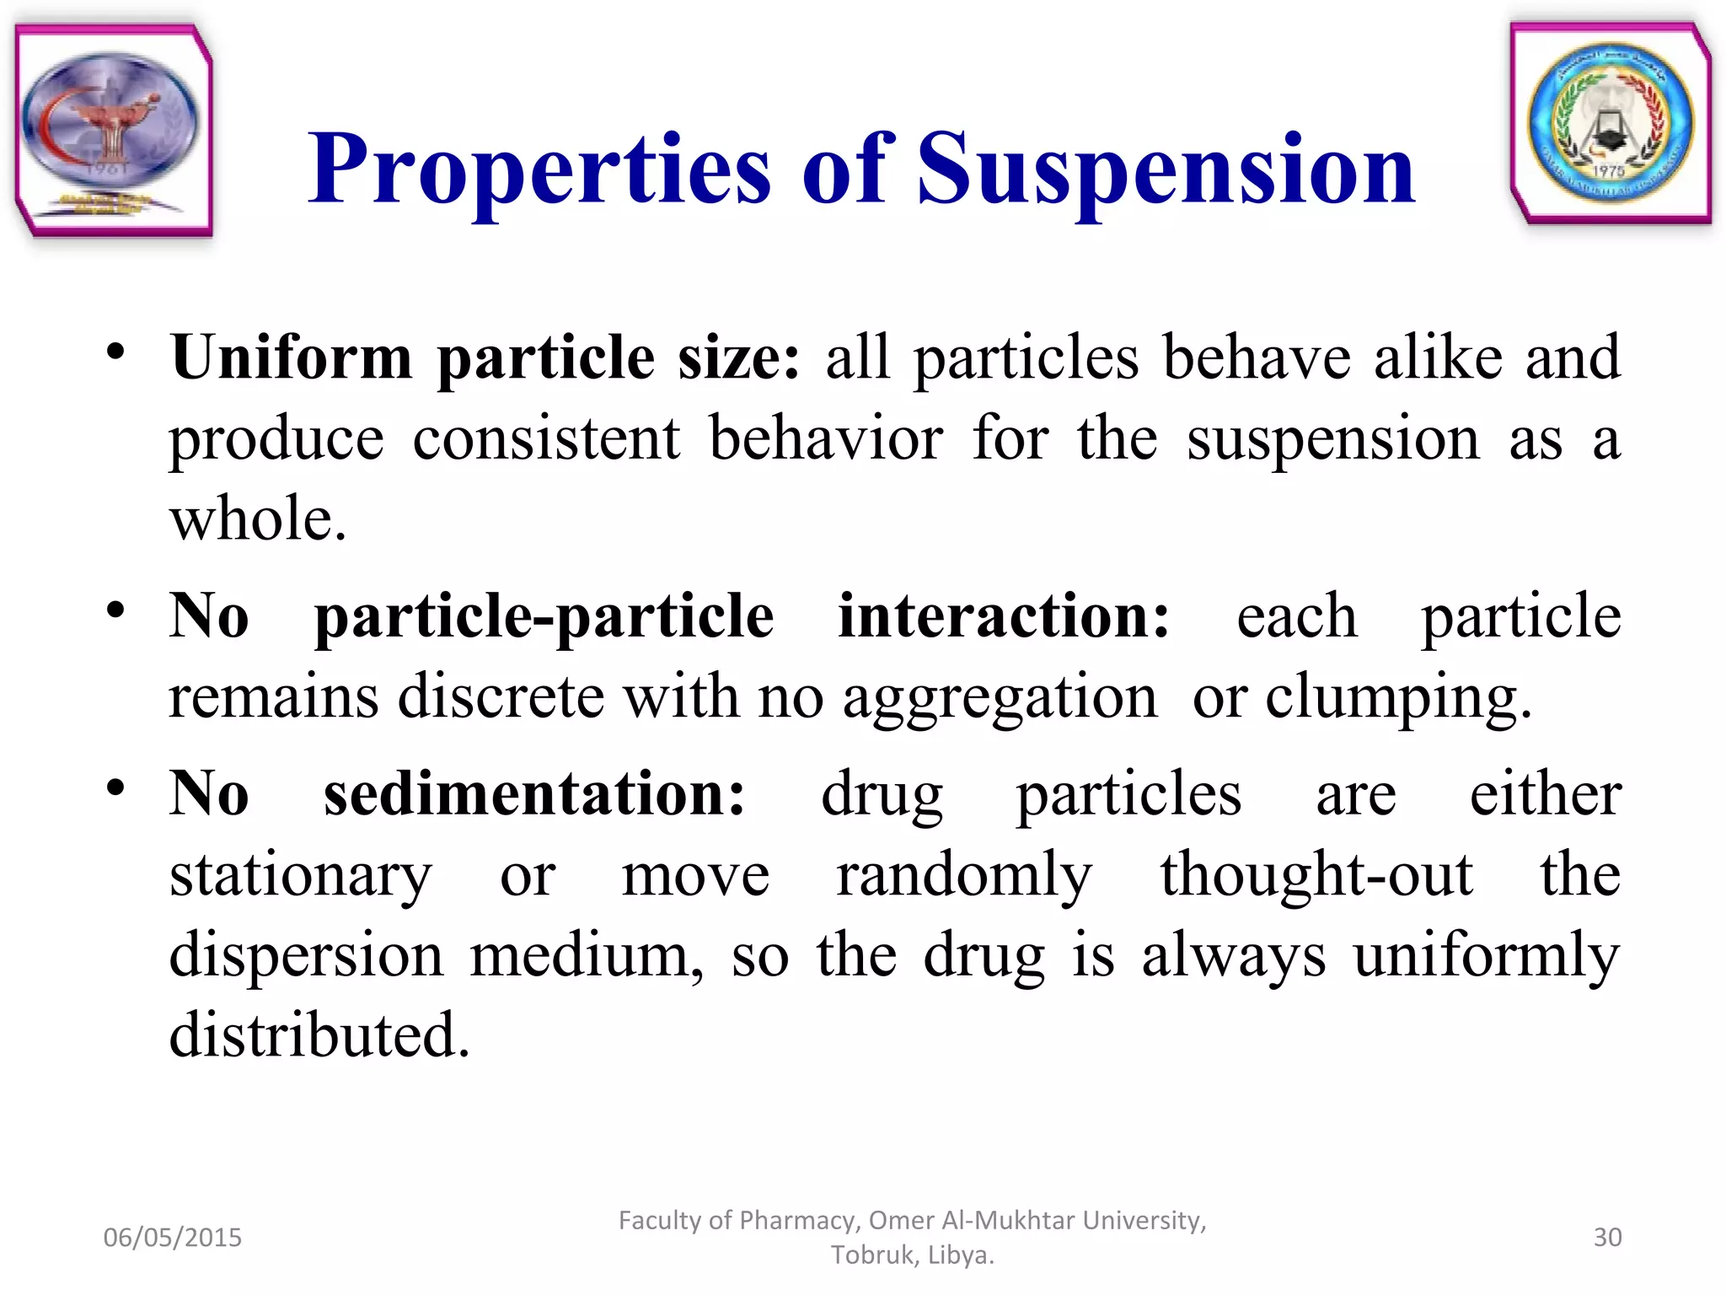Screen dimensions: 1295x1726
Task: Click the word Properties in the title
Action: [x=539, y=170]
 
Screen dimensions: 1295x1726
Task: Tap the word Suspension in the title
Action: [x=1166, y=170]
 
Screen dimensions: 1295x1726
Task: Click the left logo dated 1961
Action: [x=113, y=131]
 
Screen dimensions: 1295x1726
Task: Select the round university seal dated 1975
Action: [x=1611, y=124]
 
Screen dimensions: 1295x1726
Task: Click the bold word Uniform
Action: [x=292, y=357]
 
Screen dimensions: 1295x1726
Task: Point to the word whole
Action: [x=257, y=518]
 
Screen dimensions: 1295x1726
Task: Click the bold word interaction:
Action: [x=1004, y=616]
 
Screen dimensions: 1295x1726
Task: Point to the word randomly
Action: [x=964, y=874]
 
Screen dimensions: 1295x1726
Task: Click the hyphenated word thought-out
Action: [x=1316, y=874]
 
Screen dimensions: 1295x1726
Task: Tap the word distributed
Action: [x=319, y=1034]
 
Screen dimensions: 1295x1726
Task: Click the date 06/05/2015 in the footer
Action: [x=172, y=1238]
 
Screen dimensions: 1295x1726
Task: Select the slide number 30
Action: [x=1607, y=1238]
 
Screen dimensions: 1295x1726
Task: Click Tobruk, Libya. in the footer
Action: [x=912, y=1255]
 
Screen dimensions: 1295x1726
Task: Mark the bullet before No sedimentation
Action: [x=116, y=788]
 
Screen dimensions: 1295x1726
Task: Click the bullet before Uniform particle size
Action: [x=116, y=352]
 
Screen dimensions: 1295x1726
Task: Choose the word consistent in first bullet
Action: [x=546, y=439]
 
